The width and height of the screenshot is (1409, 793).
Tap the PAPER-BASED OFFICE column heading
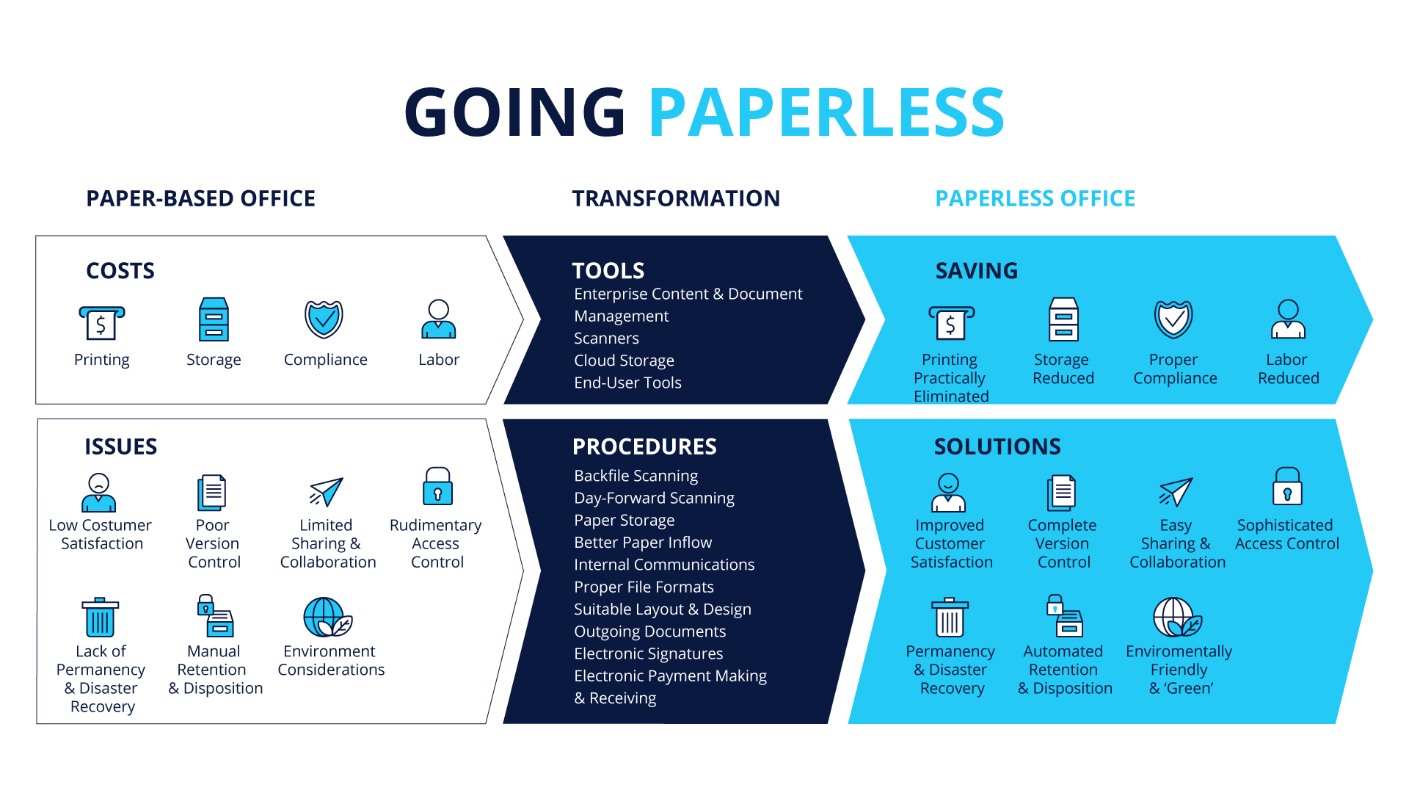[x=200, y=198]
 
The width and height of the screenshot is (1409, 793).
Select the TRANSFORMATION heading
[x=676, y=198]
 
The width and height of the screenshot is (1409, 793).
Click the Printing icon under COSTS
[x=101, y=322]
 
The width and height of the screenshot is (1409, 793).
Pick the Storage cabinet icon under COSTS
[x=214, y=319]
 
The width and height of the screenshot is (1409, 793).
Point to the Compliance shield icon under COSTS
[x=324, y=319]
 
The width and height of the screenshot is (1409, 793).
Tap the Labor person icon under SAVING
[x=1288, y=319]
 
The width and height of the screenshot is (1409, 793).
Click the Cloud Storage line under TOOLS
[x=624, y=361]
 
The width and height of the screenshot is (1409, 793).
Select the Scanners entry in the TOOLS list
[x=606, y=338]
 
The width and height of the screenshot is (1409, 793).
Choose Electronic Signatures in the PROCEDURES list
[x=648, y=653]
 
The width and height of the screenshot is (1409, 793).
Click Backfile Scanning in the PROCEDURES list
[x=636, y=476]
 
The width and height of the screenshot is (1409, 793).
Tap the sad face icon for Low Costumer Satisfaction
[x=99, y=492]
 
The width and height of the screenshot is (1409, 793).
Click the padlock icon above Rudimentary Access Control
[x=437, y=486]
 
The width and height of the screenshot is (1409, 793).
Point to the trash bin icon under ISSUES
[x=101, y=617]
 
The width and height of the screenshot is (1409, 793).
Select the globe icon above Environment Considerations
[x=327, y=617]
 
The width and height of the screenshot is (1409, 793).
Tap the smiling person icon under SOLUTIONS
[x=948, y=492]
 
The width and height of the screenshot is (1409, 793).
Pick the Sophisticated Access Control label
[x=1286, y=535]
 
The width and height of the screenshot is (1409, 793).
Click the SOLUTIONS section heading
[x=997, y=446]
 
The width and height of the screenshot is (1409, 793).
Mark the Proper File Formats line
[x=644, y=587]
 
